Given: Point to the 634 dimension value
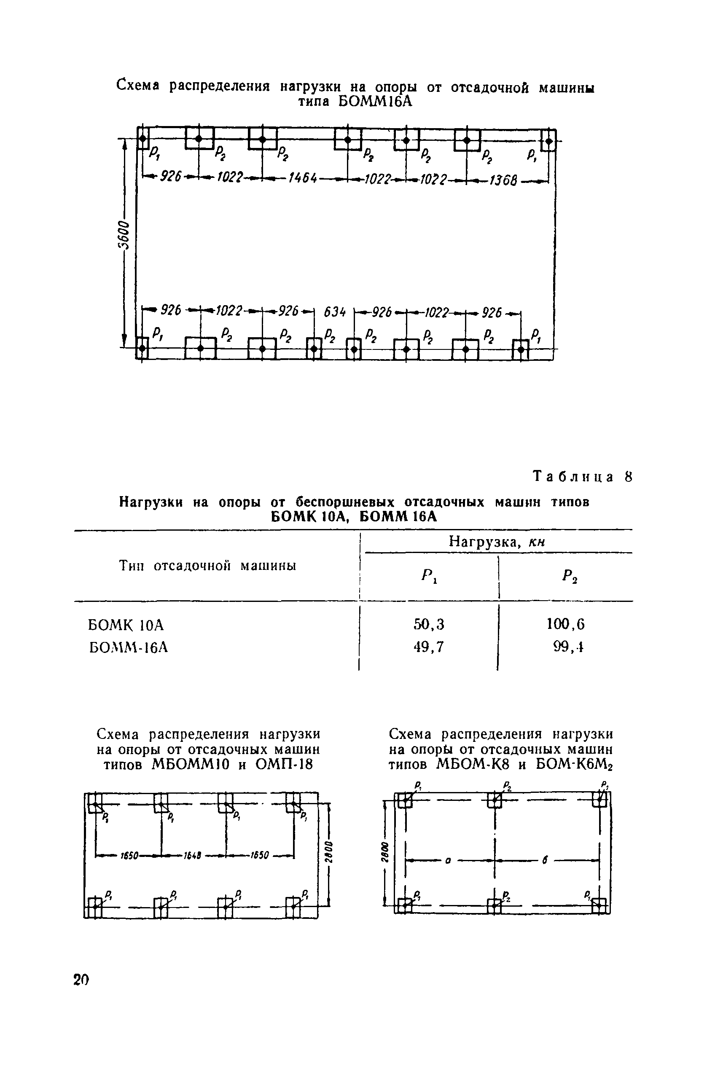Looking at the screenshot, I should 335,312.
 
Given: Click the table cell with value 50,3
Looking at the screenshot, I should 429,624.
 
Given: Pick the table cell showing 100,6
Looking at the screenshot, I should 565,624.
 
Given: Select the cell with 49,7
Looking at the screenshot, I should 429,647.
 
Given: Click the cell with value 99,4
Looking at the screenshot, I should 569,647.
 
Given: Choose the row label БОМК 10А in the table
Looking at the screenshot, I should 126,625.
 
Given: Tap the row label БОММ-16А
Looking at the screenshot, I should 129,648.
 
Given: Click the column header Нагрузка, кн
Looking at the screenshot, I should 497,542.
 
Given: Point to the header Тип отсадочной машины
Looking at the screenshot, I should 207,565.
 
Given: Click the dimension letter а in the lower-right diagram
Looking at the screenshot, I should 448,860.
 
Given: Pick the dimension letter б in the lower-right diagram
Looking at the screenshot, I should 545,860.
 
